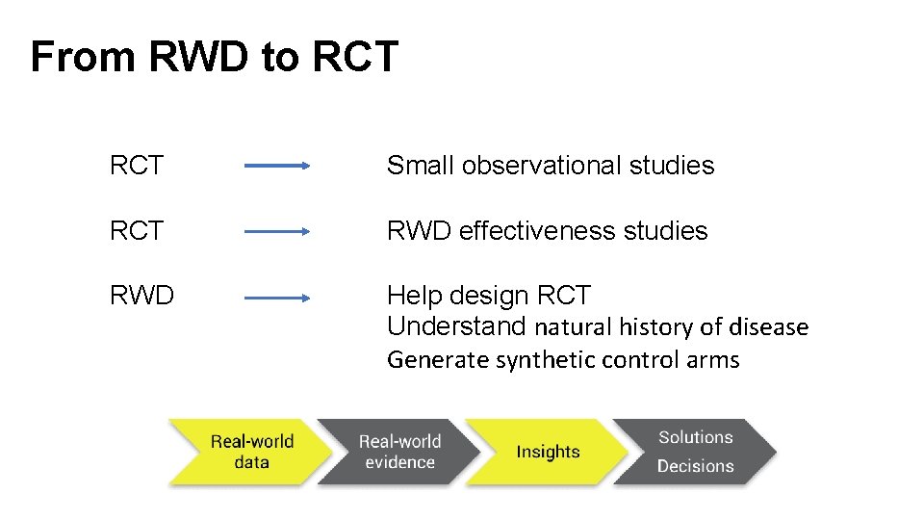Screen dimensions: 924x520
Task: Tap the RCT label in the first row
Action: pos(137,166)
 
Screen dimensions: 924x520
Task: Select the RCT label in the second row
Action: pos(137,231)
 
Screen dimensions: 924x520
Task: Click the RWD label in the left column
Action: pos(141,296)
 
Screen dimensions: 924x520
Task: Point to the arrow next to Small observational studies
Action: pos(277,166)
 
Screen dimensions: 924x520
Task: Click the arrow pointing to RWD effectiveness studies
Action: pos(277,231)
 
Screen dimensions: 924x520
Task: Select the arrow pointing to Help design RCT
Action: pos(277,298)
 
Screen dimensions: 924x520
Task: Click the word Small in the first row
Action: pos(420,166)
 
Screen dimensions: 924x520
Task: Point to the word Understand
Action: pos(456,326)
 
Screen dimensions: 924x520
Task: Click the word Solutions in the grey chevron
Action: pos(695,437)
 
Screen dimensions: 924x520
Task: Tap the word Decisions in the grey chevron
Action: pos(695,466)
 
